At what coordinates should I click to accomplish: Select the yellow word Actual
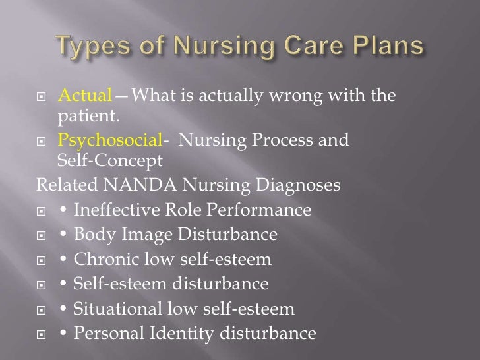point(85,96)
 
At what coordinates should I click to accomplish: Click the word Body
point(92,235)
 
